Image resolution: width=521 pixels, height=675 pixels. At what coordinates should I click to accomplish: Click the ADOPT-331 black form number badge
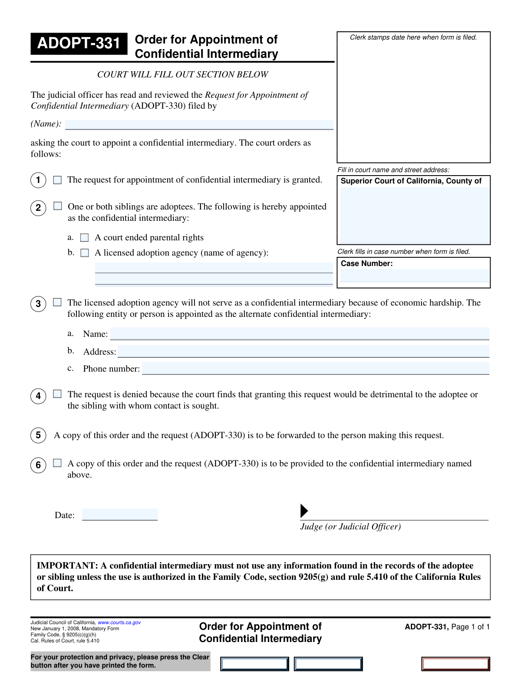79,43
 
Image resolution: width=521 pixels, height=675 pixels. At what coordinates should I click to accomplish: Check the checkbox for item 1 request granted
57,180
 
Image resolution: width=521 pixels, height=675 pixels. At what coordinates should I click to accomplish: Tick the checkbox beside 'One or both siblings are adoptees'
58,206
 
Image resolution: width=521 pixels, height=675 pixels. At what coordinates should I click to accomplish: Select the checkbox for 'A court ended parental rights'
85,238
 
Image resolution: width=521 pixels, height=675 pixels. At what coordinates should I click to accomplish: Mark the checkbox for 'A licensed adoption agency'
85,253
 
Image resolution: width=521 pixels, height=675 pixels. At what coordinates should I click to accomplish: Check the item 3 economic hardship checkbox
57,302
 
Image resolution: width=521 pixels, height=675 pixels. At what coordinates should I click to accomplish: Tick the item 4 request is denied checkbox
57,394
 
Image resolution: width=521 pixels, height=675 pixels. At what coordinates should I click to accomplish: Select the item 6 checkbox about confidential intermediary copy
57,463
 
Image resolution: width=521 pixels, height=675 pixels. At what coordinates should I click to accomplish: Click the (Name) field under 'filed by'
199,125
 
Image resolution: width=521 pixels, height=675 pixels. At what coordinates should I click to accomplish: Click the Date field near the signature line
119,515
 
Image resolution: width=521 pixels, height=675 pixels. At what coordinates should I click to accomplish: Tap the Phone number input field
315,369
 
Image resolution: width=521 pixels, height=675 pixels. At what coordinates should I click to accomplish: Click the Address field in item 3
303,351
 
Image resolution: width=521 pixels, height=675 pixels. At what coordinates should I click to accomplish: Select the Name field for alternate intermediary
300,334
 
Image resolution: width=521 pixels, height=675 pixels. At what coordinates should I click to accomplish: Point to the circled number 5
38,436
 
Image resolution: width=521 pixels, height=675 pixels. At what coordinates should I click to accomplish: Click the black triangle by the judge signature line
304,511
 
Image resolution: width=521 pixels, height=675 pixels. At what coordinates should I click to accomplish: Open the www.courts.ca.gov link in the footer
119,622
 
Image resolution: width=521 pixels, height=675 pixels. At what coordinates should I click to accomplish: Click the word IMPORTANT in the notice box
67,565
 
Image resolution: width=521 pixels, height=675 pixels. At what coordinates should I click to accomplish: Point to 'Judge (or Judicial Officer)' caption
350,527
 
